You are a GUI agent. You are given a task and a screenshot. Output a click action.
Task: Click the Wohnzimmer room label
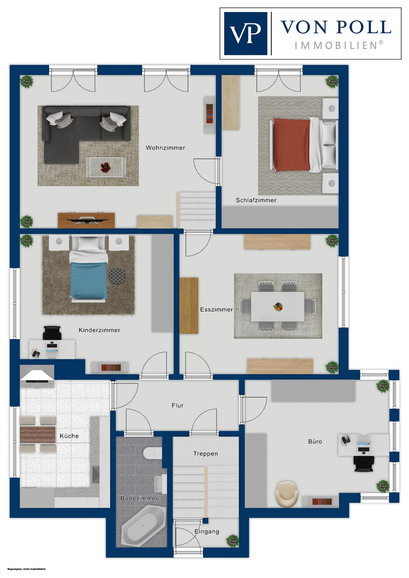[166, 148]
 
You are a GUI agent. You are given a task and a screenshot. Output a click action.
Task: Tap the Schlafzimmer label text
[256, 200]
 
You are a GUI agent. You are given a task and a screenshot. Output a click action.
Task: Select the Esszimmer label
[216, 309]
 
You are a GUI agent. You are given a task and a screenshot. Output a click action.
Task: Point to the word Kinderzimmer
[100, 330]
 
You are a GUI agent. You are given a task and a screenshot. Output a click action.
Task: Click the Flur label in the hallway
[178, 405]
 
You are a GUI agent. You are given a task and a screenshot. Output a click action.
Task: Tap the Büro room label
[315, 442]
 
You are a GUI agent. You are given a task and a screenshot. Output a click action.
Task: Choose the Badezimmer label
[139, 498]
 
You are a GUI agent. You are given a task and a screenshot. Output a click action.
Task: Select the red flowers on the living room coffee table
[105, 168]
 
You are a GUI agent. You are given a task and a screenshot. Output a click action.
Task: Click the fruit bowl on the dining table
[278, 307]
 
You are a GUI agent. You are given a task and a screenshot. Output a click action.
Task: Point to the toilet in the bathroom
[152, 453]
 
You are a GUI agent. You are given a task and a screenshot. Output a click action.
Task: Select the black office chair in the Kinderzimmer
[52, 333]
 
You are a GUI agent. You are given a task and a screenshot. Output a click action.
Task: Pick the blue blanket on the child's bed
[88, 281]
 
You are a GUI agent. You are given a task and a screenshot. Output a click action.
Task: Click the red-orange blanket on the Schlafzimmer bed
[291, 144]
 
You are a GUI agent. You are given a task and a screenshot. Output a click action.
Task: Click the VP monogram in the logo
[246, 34]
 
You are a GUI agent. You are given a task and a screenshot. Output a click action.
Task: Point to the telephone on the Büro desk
[346, 440]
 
